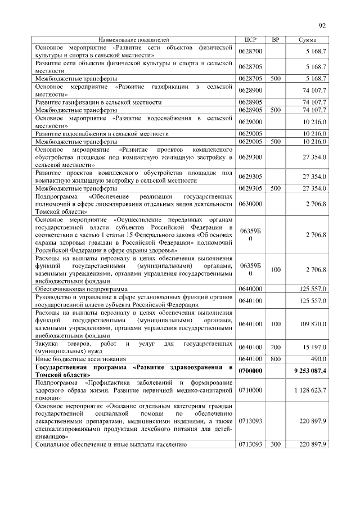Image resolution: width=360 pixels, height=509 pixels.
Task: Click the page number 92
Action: pyautogui.click(x=322, y=25)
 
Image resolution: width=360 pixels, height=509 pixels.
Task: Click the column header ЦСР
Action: pyautogui.click(x=251, y=40)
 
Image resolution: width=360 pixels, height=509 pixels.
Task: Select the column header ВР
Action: pyautogui.click(x=275, y=40)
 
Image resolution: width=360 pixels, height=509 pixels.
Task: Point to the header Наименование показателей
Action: pyautogui.click(x=133, y=40)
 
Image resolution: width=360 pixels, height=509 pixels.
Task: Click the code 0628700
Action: pyautogui.click(x=251, y=52)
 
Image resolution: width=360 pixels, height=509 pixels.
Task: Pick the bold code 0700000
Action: pyautogui.click(x=251, y=371)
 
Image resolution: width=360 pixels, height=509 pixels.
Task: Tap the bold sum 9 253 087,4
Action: pyautogui.click(x=309, y=371)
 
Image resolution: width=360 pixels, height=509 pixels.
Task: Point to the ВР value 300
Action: pyautogui.click(x=275, y=445)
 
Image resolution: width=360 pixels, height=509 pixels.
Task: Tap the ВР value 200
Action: pyautogui.click(x=275, y=347)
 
